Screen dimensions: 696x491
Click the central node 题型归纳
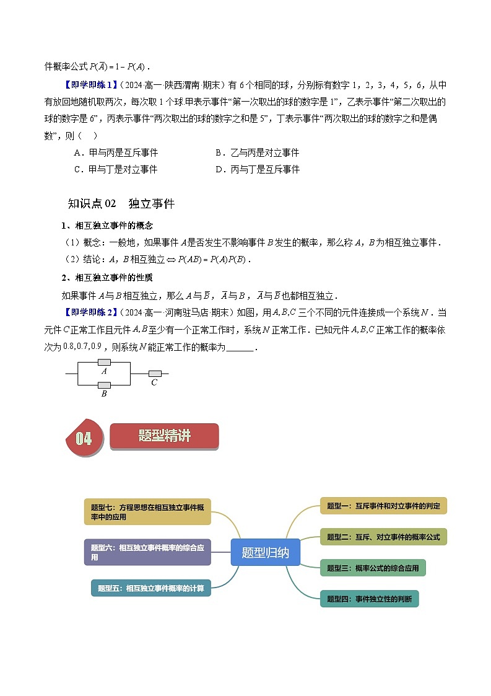(265, 552)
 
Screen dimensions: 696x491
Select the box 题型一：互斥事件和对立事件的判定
(383, 506)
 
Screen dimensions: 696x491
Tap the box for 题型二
(383, 537)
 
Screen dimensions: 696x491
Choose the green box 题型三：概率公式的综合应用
(373, 568)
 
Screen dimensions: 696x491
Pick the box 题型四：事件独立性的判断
(369, 599)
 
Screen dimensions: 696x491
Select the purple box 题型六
(147, 552)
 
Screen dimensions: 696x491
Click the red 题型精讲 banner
(164, 436)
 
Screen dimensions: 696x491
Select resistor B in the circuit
(104, 385)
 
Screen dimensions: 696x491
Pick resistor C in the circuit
(154, 373)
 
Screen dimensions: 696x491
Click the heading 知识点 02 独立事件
(121, 203)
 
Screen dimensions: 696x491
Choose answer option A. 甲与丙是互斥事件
(116, 152)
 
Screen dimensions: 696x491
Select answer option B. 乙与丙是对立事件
(257, 152)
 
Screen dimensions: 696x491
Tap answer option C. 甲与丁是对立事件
(116, 169)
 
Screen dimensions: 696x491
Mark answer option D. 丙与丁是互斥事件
(257, 169)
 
